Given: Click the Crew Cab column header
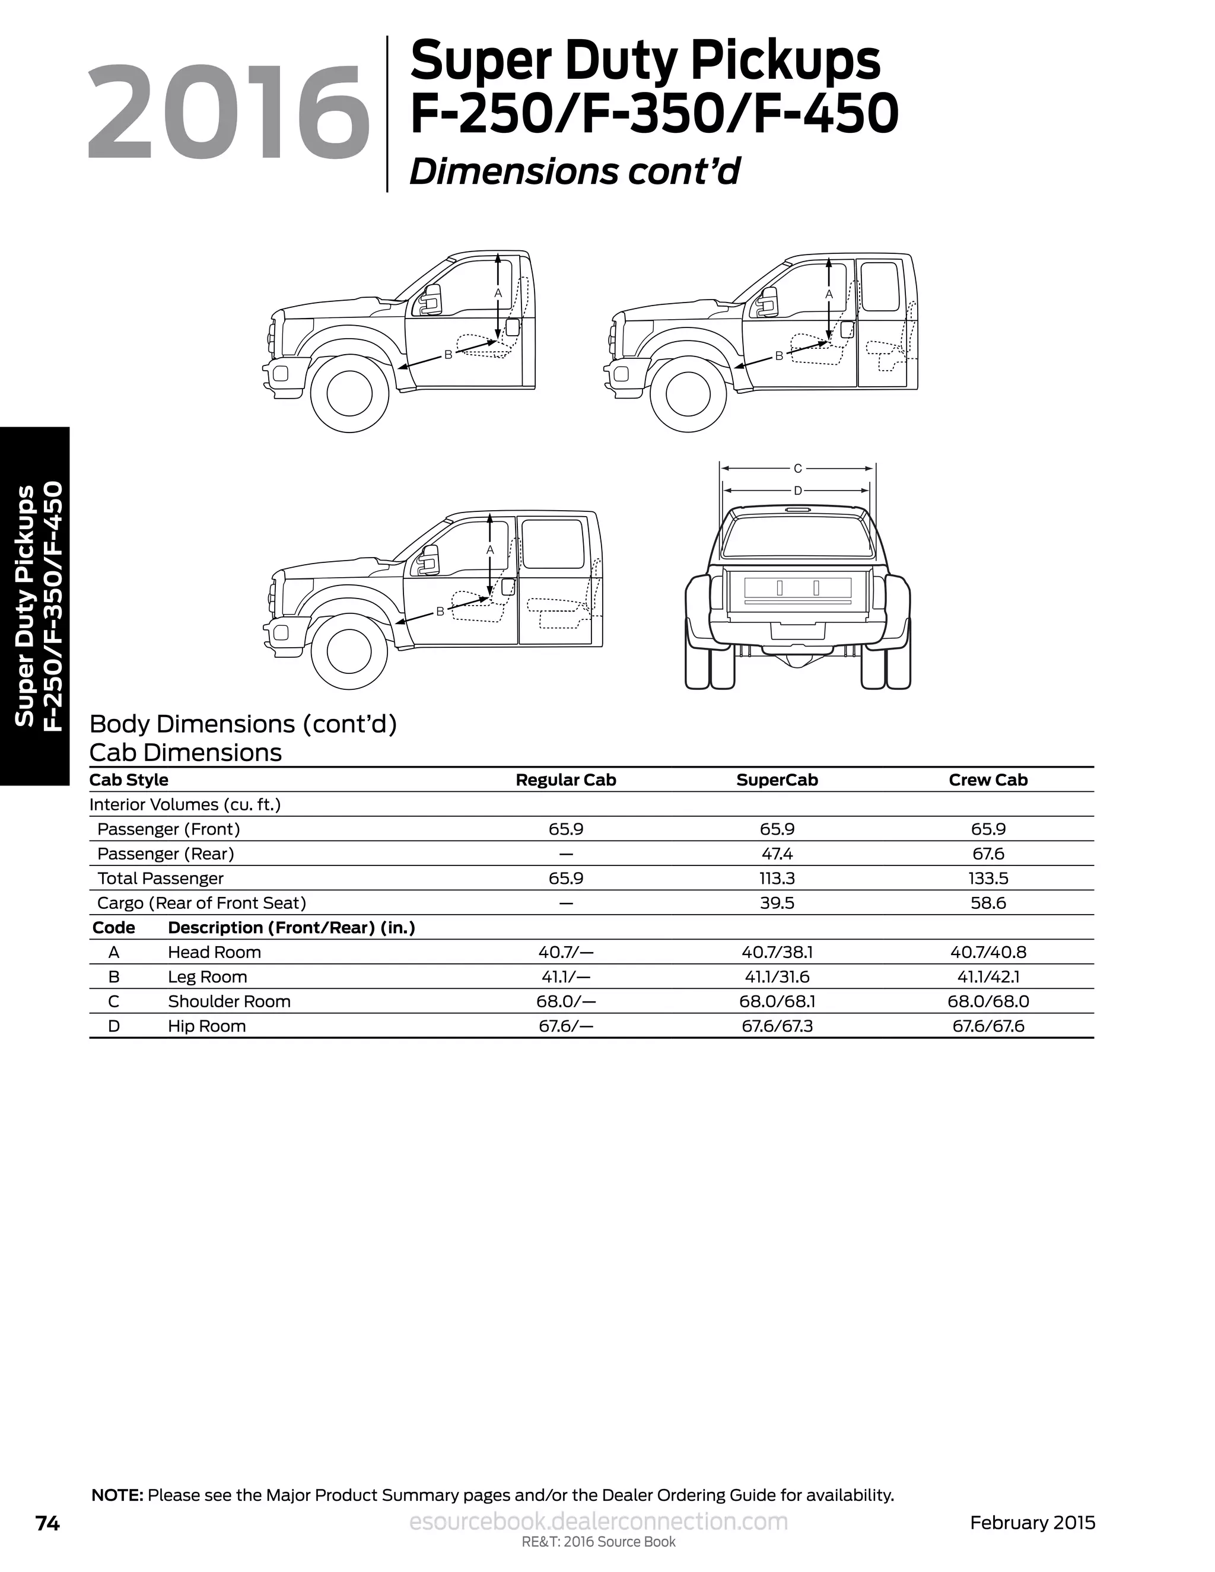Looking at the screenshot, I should pos(988,779).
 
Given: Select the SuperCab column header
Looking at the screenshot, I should pos(777,779).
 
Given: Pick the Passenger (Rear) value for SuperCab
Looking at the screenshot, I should pos(777,854).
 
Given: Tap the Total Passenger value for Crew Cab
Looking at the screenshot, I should pos(988,878).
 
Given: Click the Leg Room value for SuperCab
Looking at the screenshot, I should pos(777,977).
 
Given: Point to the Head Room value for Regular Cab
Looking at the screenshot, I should pos(566,952).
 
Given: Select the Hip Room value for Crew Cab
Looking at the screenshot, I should pos(988,1026).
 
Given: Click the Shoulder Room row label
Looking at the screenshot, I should pos(229,1001).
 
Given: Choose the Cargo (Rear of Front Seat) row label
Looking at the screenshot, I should pos(202,903).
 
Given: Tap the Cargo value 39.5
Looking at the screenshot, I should pos(777,903).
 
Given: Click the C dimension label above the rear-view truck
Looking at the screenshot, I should pos(797,469).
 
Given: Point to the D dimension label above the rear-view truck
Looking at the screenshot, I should pos(797,491).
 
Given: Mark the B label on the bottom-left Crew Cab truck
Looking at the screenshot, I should pos(440,612).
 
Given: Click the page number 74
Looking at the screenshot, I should pos(47,1523).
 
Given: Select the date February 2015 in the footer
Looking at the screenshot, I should pos(1032,1522).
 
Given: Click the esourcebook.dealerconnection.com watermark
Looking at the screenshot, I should pos(598,1522).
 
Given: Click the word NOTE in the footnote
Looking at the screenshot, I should pos(117,1495).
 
